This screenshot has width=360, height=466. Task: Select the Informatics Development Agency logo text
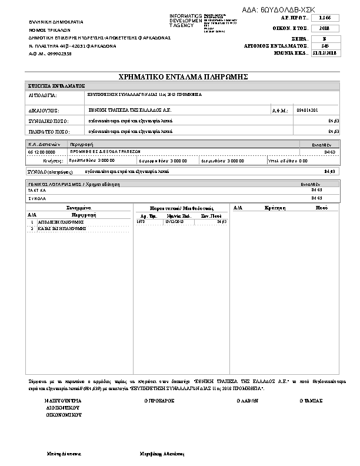pyautogui.click(x=185, y=20)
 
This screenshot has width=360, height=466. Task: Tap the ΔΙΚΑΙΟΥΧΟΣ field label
pyautogui.click(x=44, y=110)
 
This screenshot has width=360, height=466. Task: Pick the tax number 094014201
pyautogui.click(x=308, y=110)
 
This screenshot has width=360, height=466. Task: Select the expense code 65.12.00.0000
pyautogui.click(x=42, y=152)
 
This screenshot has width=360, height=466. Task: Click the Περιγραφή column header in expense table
pyautogui.click(x=82, y=144)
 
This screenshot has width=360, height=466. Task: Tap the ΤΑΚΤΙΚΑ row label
pyautogui.click(x=37, y=191)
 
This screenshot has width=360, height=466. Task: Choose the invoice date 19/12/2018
pyautogui.click(x=175, y=222)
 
